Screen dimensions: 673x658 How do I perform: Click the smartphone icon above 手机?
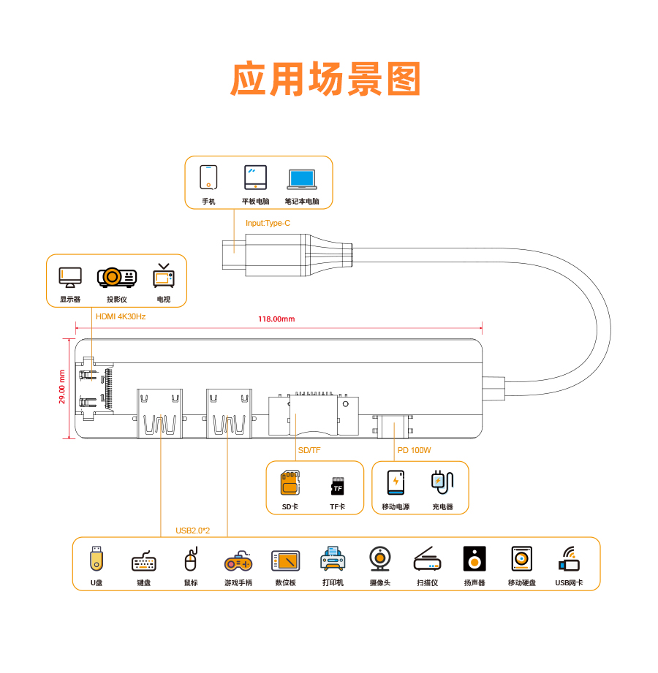coord(208,177)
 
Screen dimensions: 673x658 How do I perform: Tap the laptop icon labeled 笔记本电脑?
coord(301,178)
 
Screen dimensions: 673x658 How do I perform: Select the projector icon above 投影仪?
coord(117,277)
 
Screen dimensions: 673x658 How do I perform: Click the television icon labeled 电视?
coord(163,276)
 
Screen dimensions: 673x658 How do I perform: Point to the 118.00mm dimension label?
coord(276,319)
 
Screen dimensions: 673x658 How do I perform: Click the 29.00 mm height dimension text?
coord(63,387)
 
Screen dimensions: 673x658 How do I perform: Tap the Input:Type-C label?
coord(268,223)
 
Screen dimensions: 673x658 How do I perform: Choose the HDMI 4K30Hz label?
coord(121,316)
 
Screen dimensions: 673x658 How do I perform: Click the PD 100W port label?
coord(415,450)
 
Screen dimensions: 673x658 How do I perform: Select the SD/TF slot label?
coord(309,450)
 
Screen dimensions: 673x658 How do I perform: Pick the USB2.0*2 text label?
coord(192,531)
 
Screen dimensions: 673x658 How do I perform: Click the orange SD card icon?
coord(290,483)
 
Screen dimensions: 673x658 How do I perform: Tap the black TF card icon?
coord(337,486)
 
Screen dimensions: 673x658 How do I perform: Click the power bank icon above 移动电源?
coord(396,482)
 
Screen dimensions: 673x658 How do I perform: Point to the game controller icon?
coord(238,562)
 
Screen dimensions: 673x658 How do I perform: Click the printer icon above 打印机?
coord(333,559)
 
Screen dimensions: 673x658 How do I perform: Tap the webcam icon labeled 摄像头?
coord(379,559)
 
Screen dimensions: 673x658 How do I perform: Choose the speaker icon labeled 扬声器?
coord(474,559)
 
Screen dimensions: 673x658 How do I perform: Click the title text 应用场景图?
coord(327,80)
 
